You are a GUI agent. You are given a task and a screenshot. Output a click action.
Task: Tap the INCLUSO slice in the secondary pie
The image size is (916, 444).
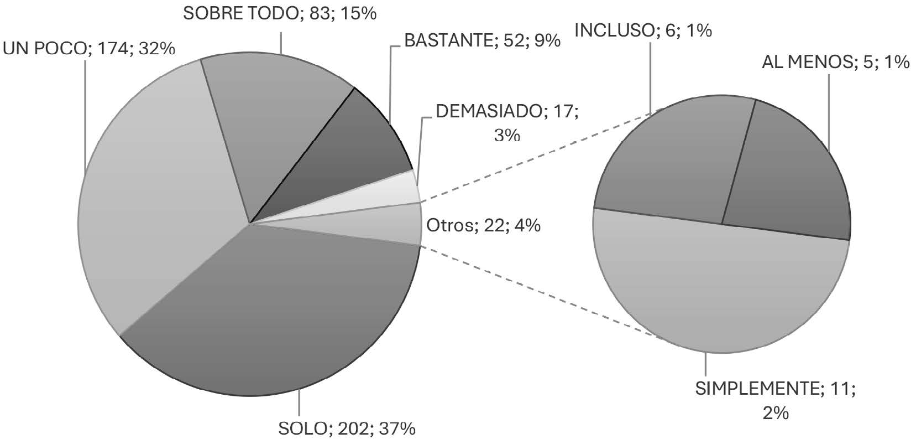[674, 161]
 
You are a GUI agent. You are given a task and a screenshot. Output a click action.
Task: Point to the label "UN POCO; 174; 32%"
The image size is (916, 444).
[89, 49]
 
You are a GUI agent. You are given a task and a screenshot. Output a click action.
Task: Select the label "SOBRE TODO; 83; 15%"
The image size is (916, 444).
[280, 13]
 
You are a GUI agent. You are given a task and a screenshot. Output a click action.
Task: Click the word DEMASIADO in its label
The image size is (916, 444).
[487, 111]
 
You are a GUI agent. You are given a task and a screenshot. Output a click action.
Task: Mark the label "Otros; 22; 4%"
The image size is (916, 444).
[483, 225]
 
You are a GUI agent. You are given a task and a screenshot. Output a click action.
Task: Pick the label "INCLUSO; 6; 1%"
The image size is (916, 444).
[643, 30]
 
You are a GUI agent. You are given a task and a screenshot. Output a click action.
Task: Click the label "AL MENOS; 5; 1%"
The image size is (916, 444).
[835, 63]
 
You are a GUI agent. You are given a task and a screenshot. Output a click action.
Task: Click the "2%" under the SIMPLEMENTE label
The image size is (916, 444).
[776, 413]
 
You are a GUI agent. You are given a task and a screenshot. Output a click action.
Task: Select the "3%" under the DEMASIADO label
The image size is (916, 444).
[507, 135]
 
